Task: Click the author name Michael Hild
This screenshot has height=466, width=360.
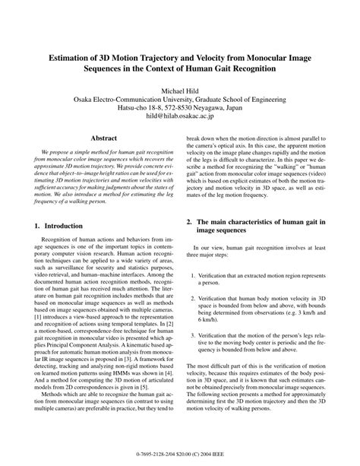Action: point(179,90)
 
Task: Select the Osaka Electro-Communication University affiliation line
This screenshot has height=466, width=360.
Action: point(179,100)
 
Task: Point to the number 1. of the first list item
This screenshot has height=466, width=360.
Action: point(194,274)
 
